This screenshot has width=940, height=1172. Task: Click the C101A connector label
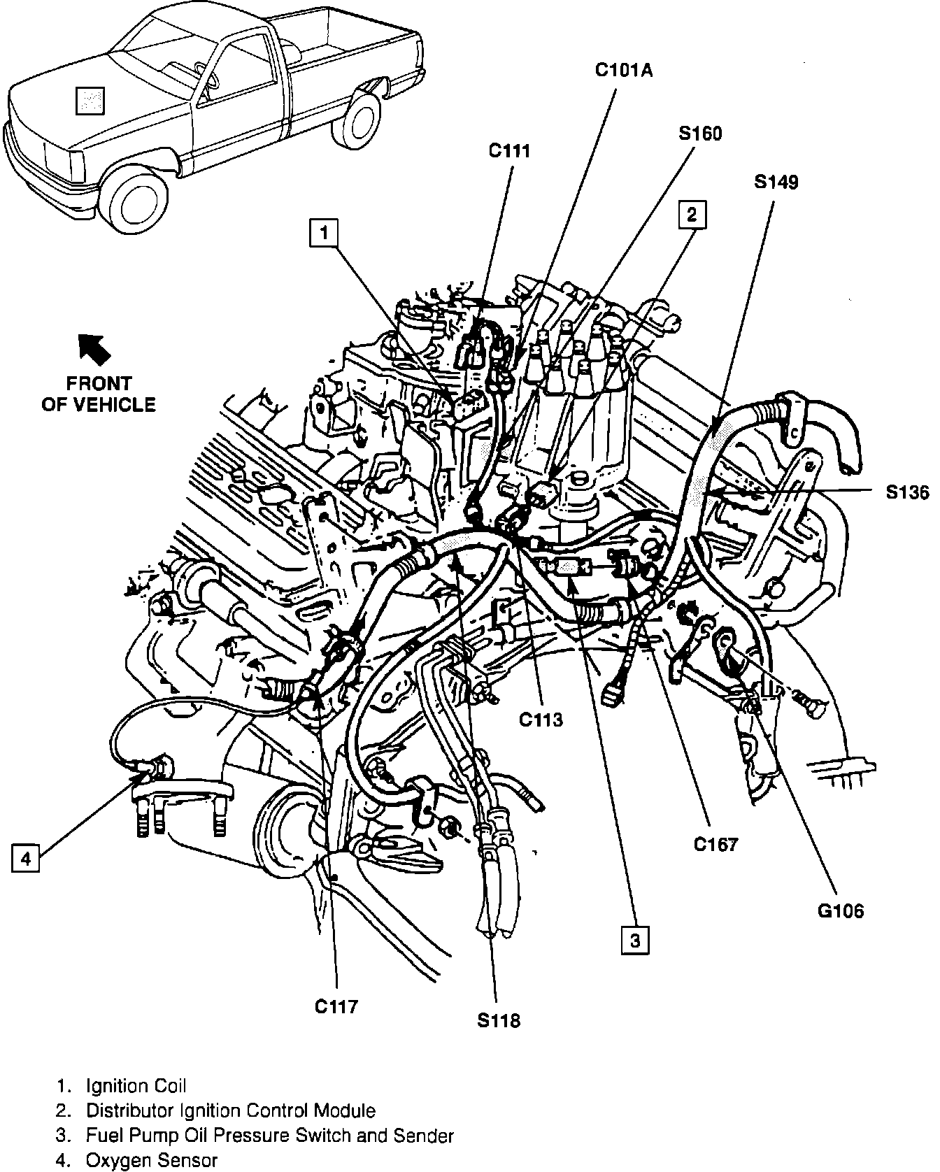624,70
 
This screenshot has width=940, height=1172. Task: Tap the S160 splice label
699,133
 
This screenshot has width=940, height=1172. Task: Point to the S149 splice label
776,182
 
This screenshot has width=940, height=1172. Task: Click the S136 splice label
906,492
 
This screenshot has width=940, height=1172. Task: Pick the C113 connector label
541,720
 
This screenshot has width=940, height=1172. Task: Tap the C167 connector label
715,844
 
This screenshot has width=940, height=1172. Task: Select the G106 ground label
840,910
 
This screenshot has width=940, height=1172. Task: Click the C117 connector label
336,1006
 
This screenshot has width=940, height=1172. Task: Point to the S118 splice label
499,1021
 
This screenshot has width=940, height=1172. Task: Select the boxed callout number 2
691,215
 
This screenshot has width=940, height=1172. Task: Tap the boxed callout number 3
634,940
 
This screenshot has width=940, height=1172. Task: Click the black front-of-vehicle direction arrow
94,348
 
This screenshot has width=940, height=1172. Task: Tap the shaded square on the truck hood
90,100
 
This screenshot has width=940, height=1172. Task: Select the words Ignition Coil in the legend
136,1086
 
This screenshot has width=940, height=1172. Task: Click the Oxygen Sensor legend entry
151,1161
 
